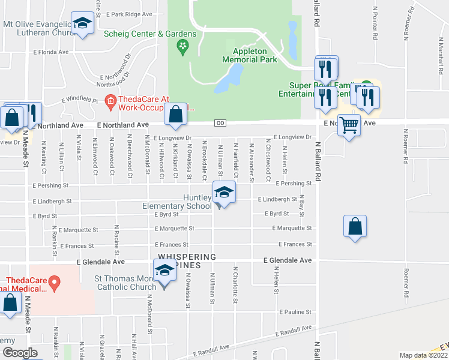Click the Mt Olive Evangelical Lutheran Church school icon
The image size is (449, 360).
[82, 24]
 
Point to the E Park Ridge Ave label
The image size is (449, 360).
[129, 14]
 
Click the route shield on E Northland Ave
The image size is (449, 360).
[220, 123]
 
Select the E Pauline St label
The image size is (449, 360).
[295, 313]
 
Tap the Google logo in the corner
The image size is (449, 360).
[20, 353]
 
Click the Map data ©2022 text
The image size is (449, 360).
[424, 355]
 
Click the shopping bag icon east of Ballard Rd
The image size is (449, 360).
[355, 227]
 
